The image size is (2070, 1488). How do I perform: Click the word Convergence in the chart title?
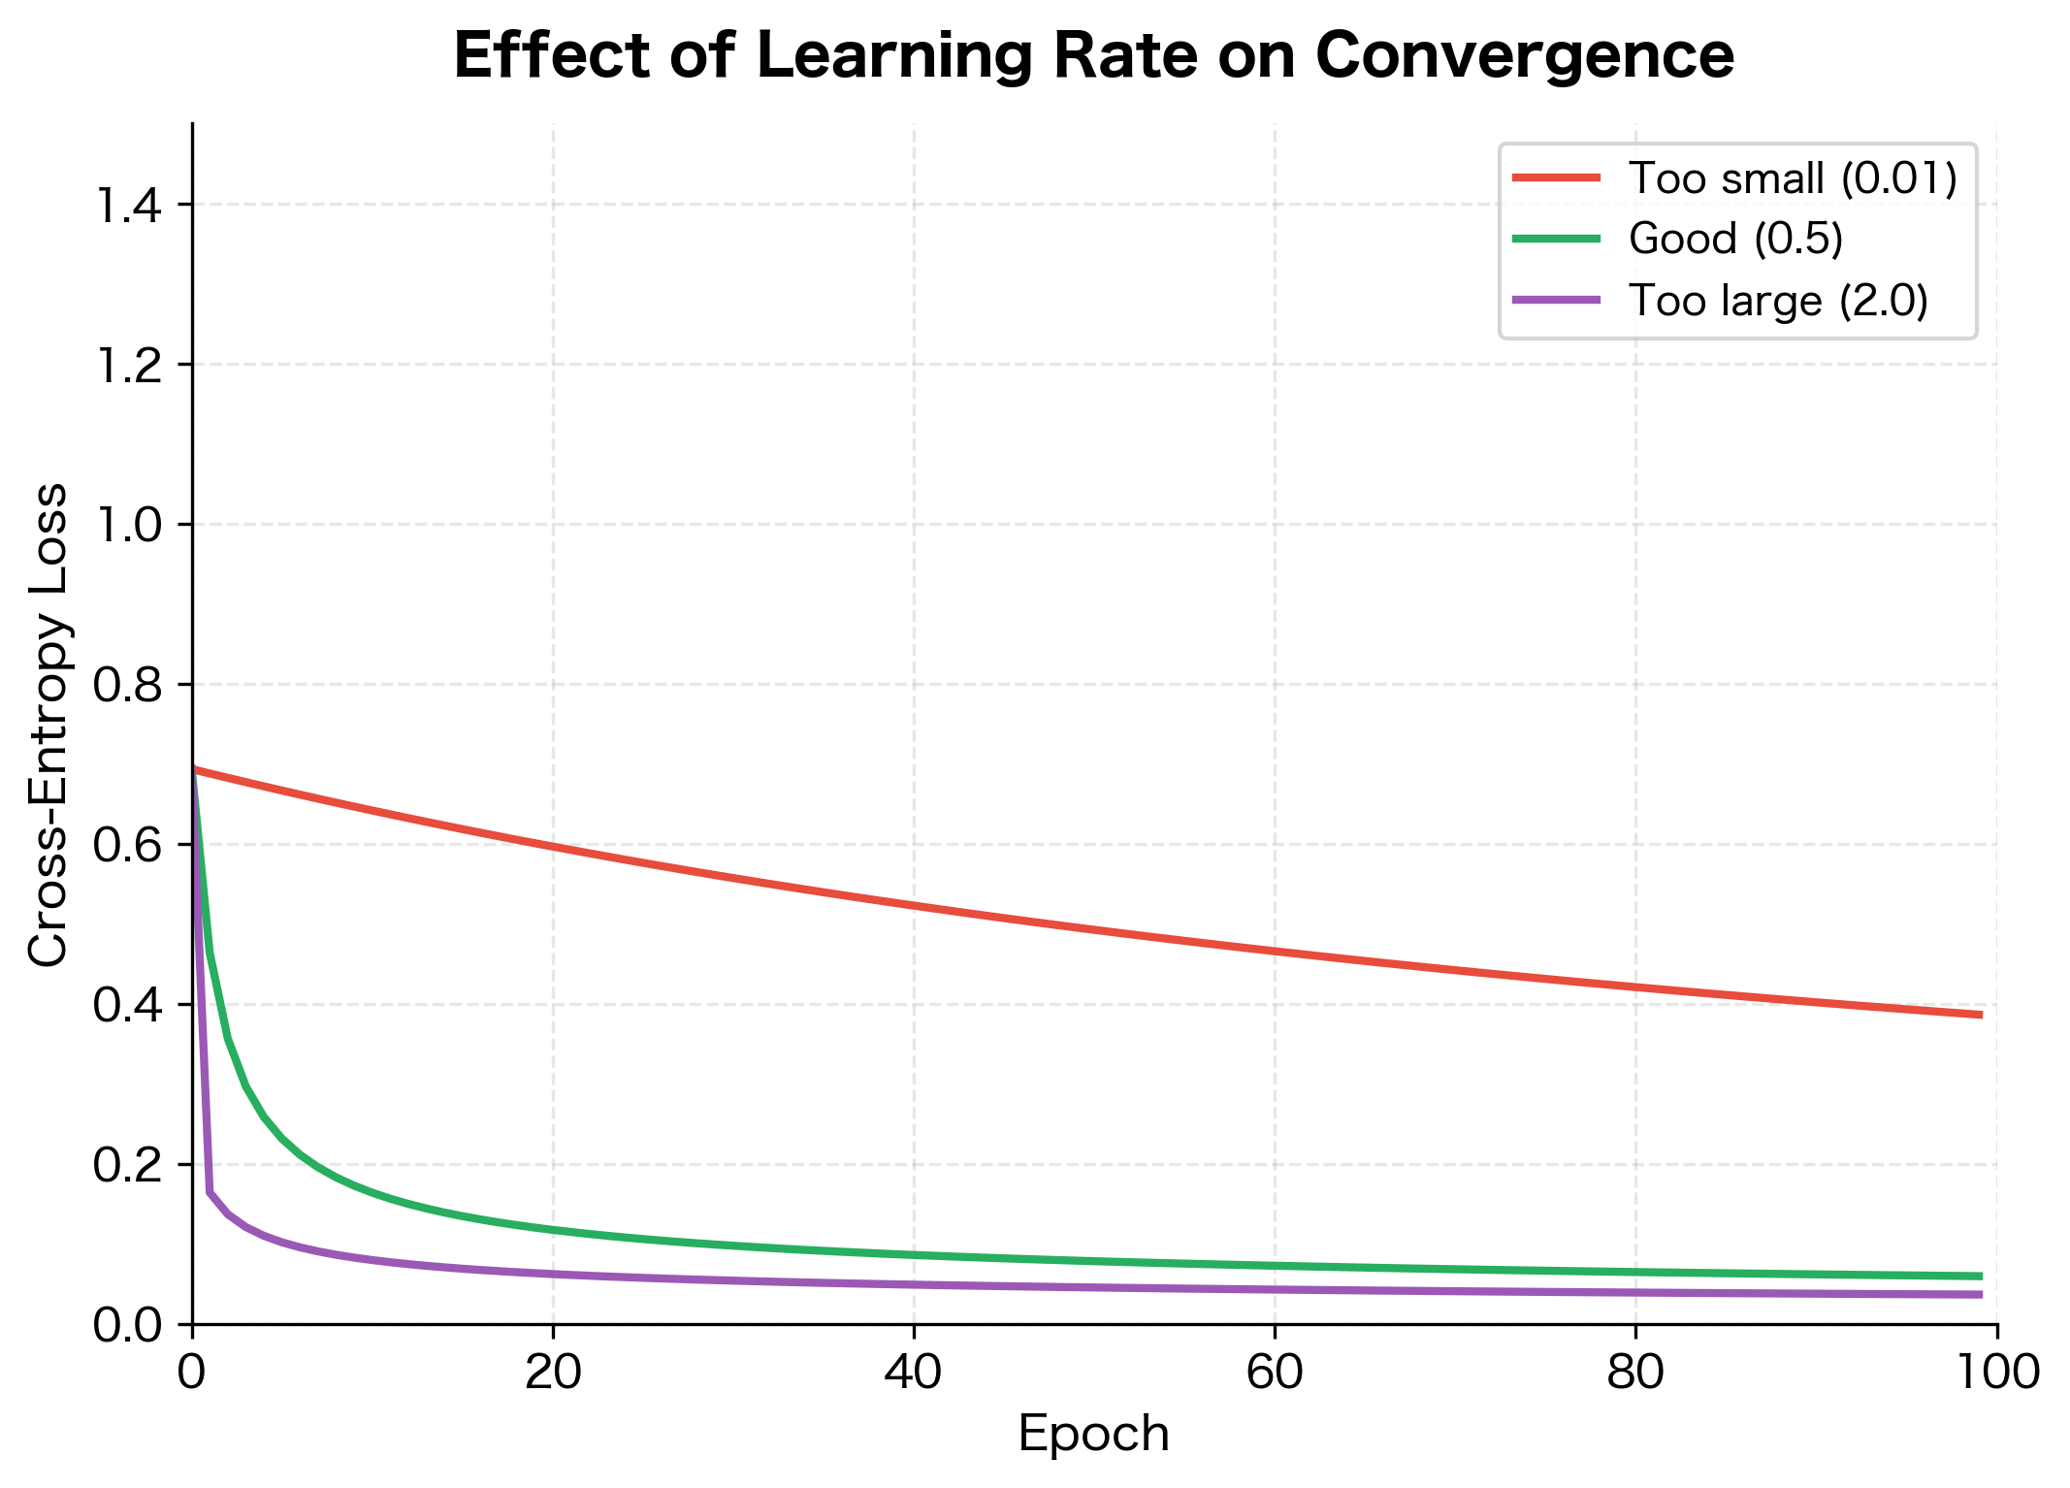(x=1524, y=55)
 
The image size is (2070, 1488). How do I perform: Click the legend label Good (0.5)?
(x=1735, y=239)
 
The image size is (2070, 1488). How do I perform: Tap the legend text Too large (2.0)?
(x=1778, y=301)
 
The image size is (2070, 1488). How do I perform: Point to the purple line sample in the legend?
(x=1556, y=301)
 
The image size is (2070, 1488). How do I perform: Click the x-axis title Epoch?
(x=1093, y=1434)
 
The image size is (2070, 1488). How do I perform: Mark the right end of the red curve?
(x=1979, y=1015)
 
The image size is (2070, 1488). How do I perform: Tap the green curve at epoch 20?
(x=553, y=1230)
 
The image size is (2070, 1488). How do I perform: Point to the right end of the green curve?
(x=1979, y=1276)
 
